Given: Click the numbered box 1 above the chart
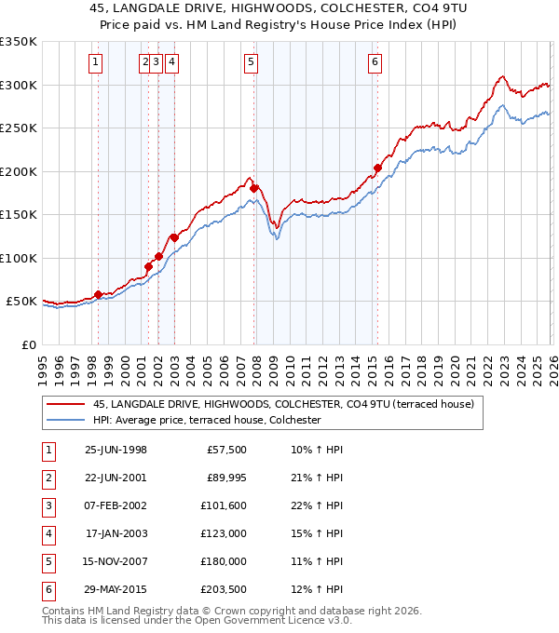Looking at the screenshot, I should click(96, 62).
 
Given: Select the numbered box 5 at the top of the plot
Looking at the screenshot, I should click(252, 62).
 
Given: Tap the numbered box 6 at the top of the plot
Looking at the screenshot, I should click(375, 62).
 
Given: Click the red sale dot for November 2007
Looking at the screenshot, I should click(253, 189).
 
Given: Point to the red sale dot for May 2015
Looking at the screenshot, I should click(377, 168).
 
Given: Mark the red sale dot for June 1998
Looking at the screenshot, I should click(98, 295).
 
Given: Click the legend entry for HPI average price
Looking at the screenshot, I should click(206, 420).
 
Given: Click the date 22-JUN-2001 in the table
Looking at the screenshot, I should click(116, 478).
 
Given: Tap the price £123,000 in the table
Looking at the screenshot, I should click(224, 533).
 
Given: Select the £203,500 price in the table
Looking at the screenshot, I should click(224, 589).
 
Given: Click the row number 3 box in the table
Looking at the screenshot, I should click(47, 505).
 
